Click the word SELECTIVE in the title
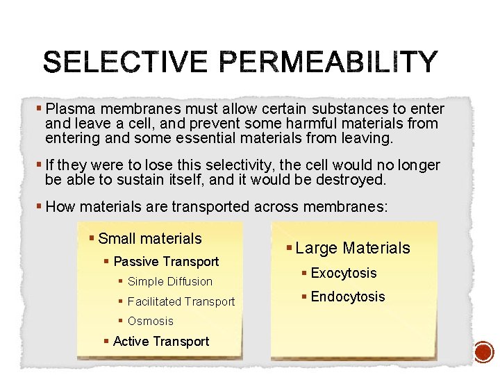coord(125,62)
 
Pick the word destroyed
coord(351,180)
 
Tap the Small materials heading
coord(150,239)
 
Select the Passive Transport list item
coord(165,262)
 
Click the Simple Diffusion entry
coord(170,282)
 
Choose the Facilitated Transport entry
coord(181,301)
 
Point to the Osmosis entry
coord(151,322)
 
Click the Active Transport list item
coord(160,341)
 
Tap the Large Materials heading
coord(353,248)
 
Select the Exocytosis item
coord(343,273)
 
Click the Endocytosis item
coord(347,297)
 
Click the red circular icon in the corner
coord(483,352)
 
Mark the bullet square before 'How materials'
coord(39,206)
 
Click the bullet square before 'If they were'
coord(39,165)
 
